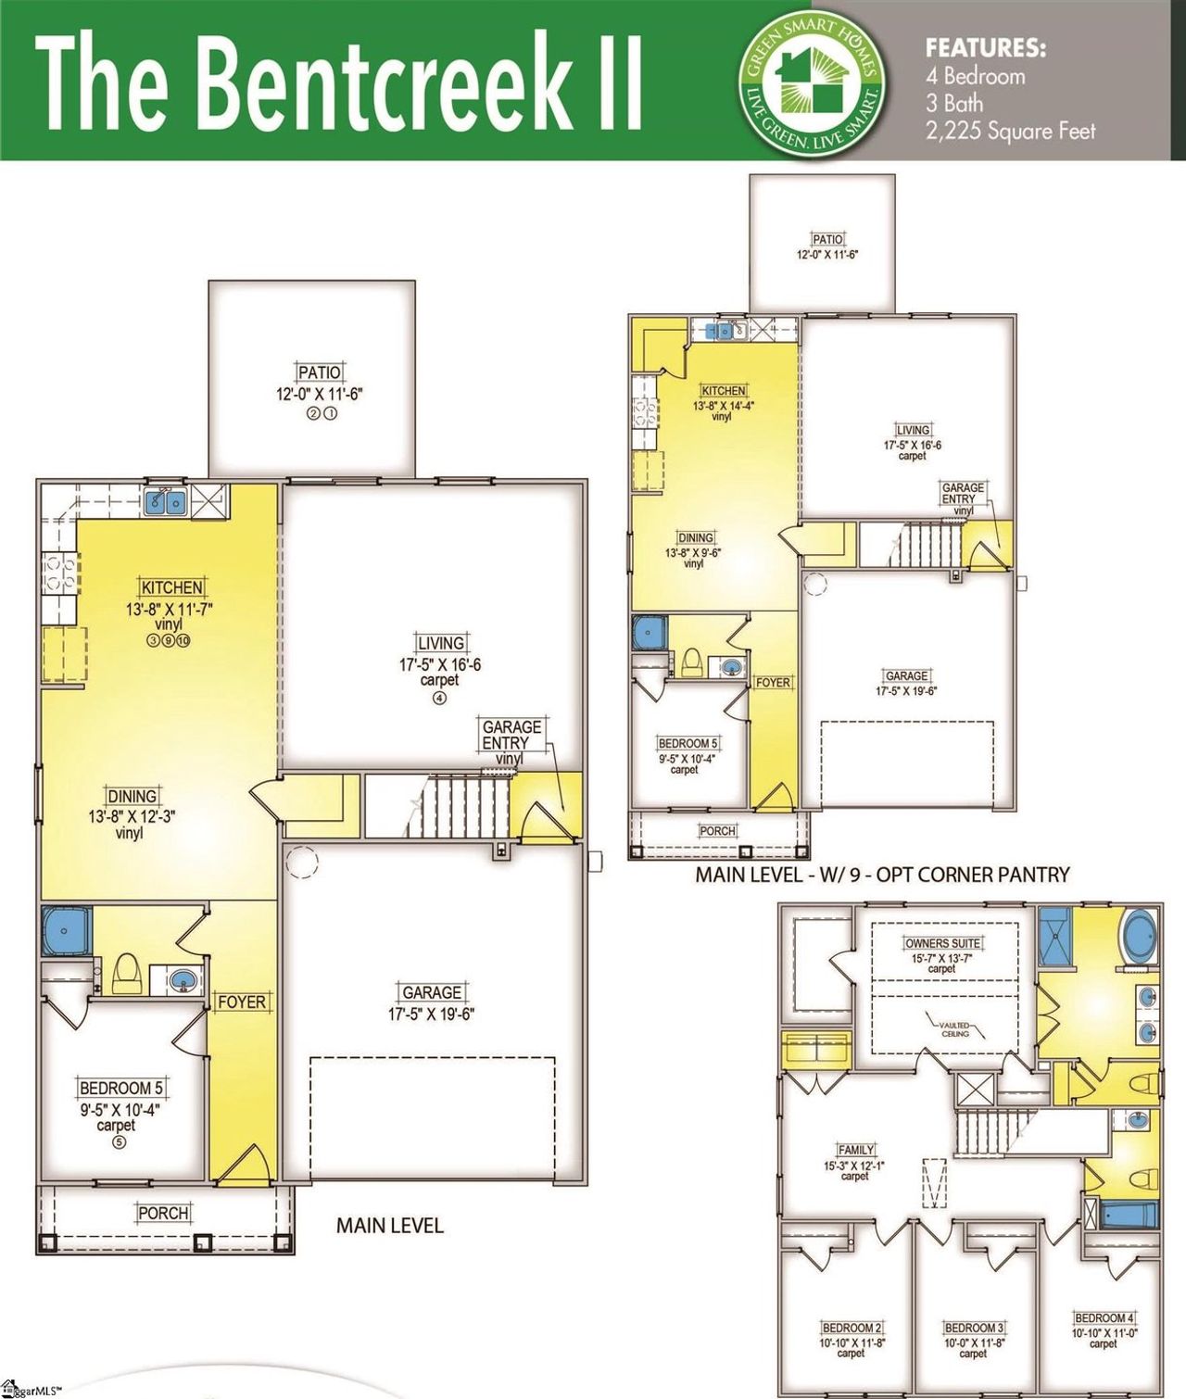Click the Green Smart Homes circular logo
812,81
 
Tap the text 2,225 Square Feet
1010,131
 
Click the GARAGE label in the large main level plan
431,992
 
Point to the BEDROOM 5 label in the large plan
120,1089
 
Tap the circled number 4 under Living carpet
439,698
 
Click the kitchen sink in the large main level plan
167,502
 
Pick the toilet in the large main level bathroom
126,973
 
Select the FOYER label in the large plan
241,1002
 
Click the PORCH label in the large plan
163,1213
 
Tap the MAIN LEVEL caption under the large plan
389,1226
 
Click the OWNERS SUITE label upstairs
942,943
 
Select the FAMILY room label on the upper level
855,1150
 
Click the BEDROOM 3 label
974,1328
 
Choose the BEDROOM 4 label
1104,1317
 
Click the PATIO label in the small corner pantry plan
827,240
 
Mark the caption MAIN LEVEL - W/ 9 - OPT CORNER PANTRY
882,875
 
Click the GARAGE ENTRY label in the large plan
511,735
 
